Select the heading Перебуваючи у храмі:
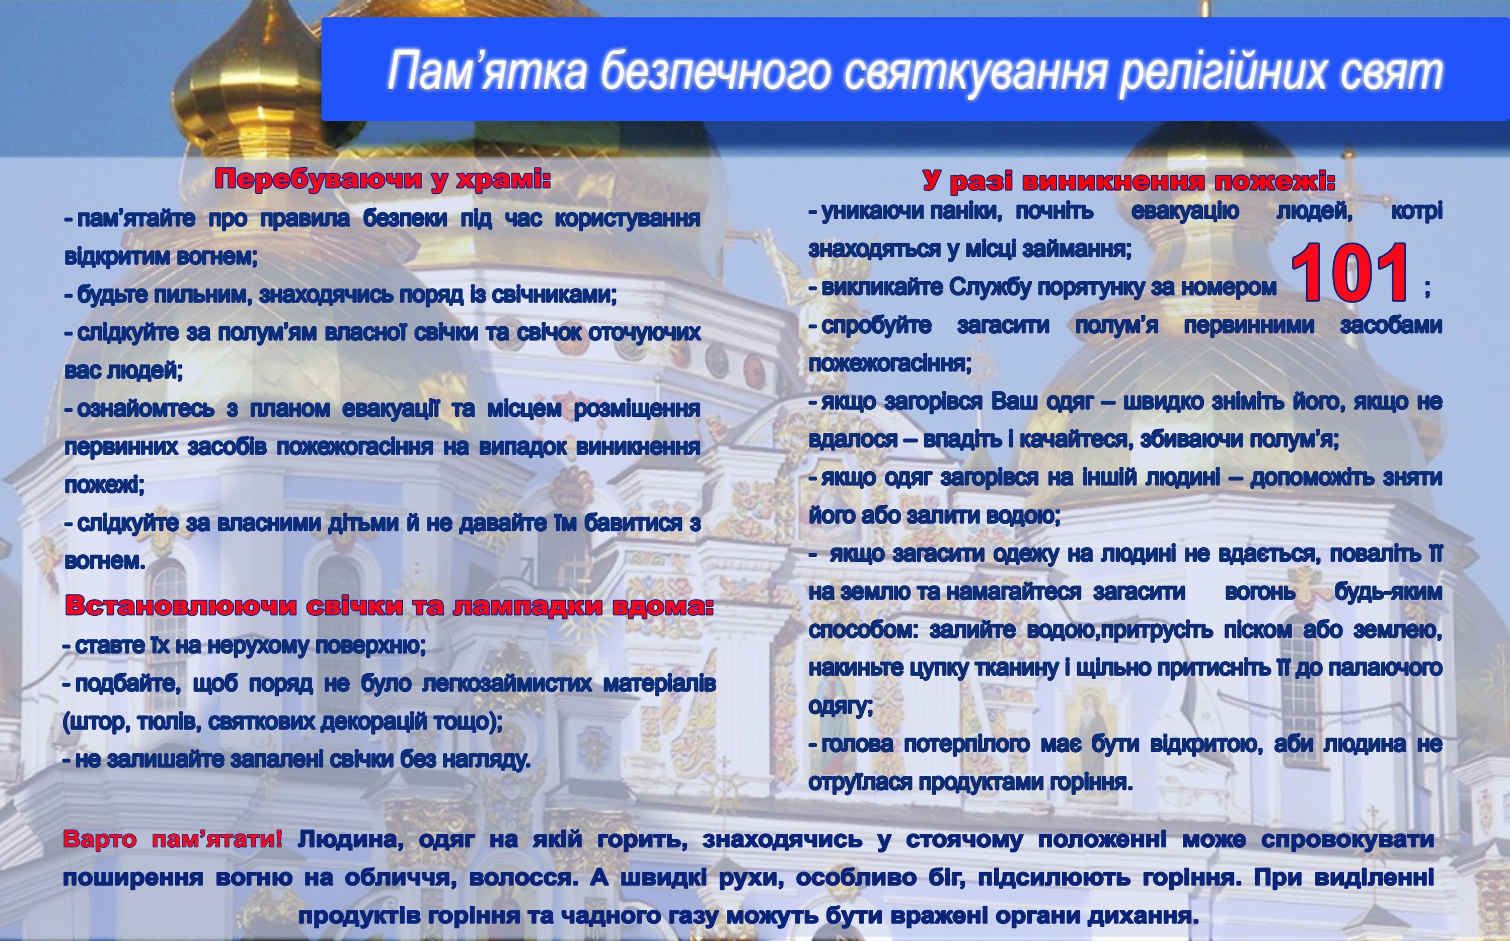(x=383, y=179)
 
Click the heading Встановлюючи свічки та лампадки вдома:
(x=390, y=606)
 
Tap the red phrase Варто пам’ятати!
(x=172, y=840)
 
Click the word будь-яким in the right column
(x=1388, y=592)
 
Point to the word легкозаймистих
(x=507, y=683)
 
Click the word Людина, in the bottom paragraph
(x=350, y=840)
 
